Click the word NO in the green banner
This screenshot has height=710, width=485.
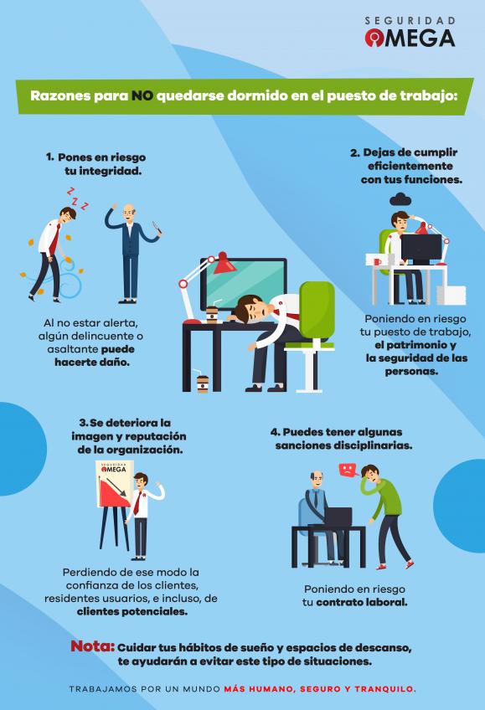click(x=142, y=96)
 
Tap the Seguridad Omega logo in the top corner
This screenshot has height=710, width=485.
click(x=410, y=32)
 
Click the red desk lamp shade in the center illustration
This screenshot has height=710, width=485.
click(x=224, y=264)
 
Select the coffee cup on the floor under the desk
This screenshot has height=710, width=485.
click(x=203, y=384)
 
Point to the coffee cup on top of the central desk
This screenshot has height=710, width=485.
click(x=211, y=315)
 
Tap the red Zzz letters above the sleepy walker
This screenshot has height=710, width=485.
click(x=77, y=198)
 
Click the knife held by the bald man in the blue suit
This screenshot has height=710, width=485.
click(x=157, y=227)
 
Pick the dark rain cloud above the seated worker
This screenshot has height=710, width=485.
click(x=400, y=198)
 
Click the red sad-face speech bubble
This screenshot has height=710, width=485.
click(x=347, y=470)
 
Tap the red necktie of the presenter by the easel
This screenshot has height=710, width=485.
click(x=137, y=502)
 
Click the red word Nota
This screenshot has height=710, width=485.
click(x=92, y=646)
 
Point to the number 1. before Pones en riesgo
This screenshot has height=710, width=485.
click(x=49, y=157)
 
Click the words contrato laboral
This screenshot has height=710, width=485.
click(x=361, y=602)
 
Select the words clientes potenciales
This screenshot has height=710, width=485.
click(x=132, y=612)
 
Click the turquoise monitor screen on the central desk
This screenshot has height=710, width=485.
click(x=244, y=282)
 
